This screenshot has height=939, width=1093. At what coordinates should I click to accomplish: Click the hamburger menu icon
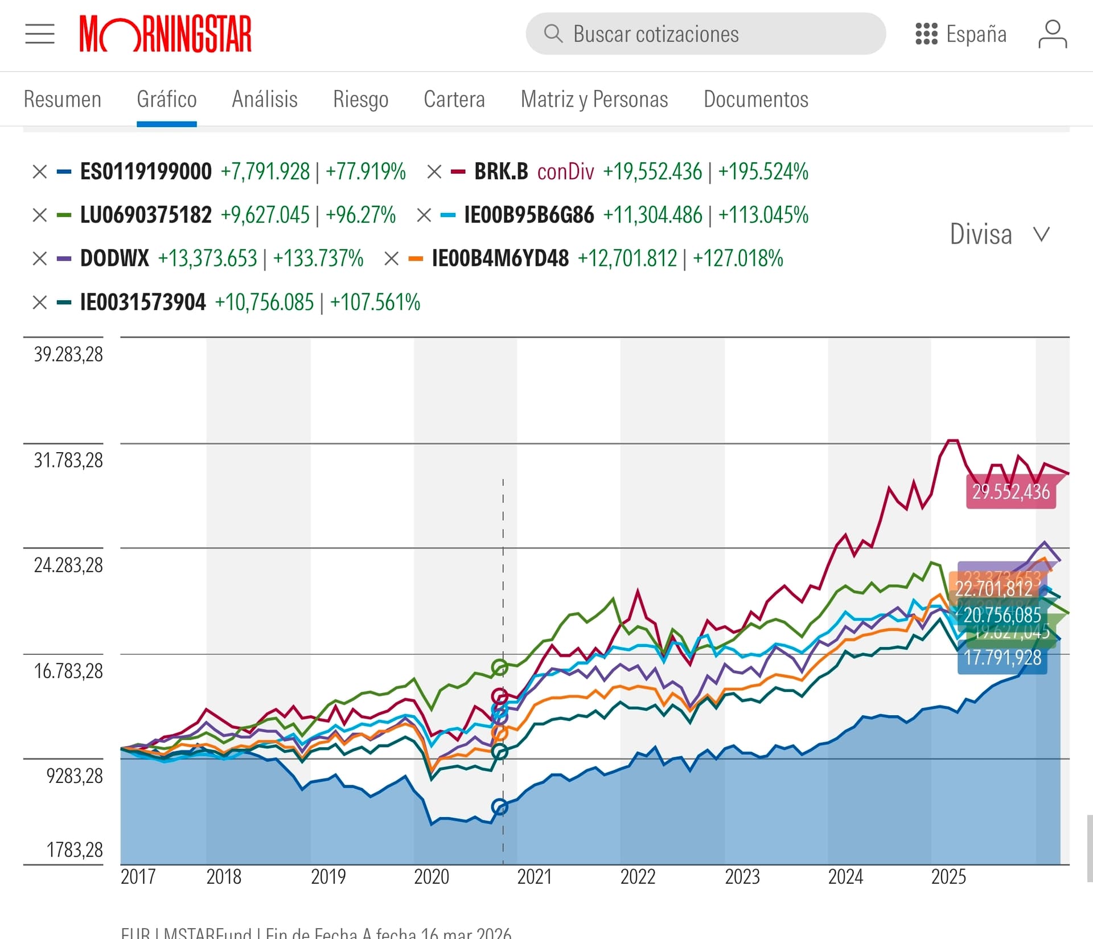pos(40,34)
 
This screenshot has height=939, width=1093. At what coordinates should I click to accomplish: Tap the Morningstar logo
pos(165,34)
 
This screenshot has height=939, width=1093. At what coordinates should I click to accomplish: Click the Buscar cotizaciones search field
pos(705,34)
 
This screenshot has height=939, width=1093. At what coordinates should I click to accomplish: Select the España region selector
pos(961,34)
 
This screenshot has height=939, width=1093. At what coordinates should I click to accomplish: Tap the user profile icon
pos(1052,34)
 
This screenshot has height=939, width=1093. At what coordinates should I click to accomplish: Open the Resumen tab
pos(63,100)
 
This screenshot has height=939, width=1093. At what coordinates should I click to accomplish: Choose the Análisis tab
pos(265,100)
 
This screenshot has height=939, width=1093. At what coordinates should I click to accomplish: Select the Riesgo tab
pos(360,100)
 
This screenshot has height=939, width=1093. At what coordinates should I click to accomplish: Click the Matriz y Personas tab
pos(594,100)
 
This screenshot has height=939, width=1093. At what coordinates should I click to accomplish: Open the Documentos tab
pos(756,100)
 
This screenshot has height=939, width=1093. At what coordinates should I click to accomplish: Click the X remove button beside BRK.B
pos(434,171)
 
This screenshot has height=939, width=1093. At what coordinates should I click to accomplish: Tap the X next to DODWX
pos(40,259)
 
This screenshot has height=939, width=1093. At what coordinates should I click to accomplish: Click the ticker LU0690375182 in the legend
pos(146,215)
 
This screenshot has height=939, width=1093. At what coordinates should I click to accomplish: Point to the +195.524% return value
pos(763,171)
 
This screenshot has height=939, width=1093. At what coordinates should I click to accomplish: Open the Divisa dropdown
pos(1000,234)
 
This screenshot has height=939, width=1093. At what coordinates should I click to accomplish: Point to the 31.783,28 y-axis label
pos(68,460)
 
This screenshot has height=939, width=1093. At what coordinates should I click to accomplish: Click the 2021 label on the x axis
pos(535,877)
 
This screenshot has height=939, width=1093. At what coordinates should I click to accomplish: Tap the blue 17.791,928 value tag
pos(1002,658)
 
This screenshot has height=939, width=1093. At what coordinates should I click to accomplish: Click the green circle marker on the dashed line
pos(499,667)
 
